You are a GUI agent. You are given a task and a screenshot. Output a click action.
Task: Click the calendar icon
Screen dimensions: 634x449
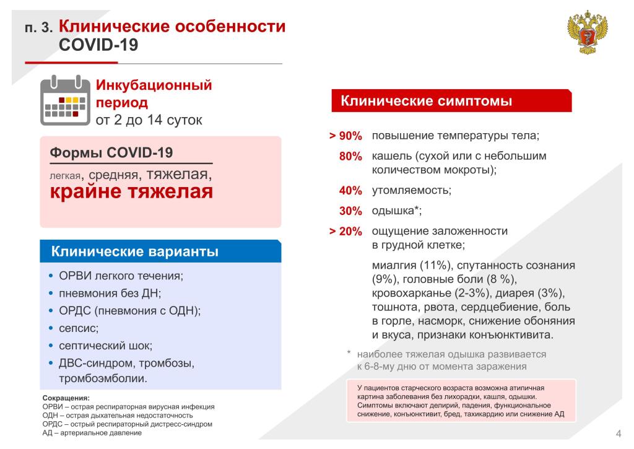coord(65,100)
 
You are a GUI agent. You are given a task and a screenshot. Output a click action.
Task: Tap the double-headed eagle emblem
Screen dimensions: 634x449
coord(588,33)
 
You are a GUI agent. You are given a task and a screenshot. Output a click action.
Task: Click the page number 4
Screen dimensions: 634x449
coord(619,434)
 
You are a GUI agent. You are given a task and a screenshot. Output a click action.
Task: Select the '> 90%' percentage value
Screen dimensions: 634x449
coord(345,136)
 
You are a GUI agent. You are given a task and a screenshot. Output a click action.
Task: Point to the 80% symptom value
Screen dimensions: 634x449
coord(350,156)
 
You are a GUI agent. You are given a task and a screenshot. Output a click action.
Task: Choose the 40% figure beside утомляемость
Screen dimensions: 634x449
coord(350,191)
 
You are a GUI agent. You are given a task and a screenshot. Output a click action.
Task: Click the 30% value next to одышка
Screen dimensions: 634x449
coord(350,211)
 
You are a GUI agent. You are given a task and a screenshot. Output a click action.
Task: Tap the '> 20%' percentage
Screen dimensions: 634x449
coord(345,232)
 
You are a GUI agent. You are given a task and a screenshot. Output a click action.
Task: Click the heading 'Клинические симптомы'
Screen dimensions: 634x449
coord(426,101)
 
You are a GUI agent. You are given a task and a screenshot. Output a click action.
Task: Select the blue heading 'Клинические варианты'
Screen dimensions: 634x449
coord(134,251)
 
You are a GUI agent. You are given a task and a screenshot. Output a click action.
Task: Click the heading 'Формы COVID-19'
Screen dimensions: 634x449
coord(111,152)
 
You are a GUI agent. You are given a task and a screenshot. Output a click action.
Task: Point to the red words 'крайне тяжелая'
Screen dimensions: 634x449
coord(131,191)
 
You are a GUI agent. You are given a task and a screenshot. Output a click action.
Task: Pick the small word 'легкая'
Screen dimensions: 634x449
coord(65,176)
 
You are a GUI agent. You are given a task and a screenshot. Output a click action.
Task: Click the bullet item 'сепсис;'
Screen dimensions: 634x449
coord(79,328)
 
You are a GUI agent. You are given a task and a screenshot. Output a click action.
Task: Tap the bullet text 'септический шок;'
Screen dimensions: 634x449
coord(105,346)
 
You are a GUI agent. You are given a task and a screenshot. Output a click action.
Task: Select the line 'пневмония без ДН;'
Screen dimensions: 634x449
coord(110,294)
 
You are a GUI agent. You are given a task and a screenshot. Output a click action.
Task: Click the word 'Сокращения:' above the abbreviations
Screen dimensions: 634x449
coord(66,398)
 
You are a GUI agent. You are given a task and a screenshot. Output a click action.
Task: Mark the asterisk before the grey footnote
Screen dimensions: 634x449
coord(349,352)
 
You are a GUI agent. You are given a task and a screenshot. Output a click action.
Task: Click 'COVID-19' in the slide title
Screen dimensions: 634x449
coord(98,45)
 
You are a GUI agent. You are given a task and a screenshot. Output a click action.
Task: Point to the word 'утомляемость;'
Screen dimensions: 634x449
coord(412,191)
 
